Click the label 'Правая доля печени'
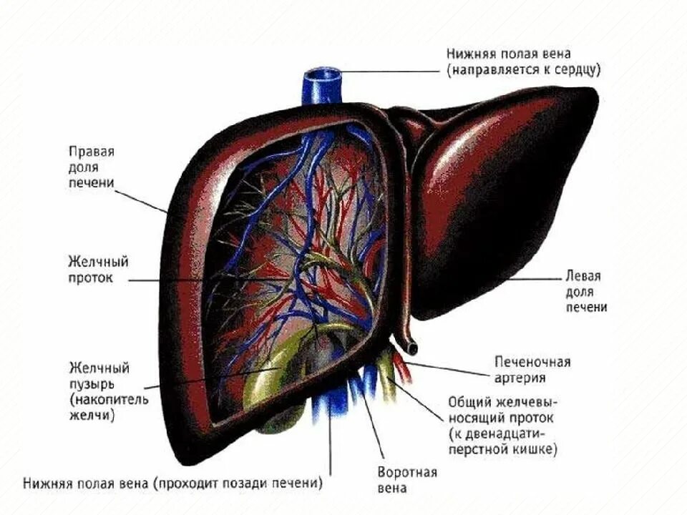coord(92,168)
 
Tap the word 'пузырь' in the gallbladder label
coord(89,384)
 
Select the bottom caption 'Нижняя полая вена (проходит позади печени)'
coord(172,483)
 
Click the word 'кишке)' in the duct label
coord(534,450)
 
